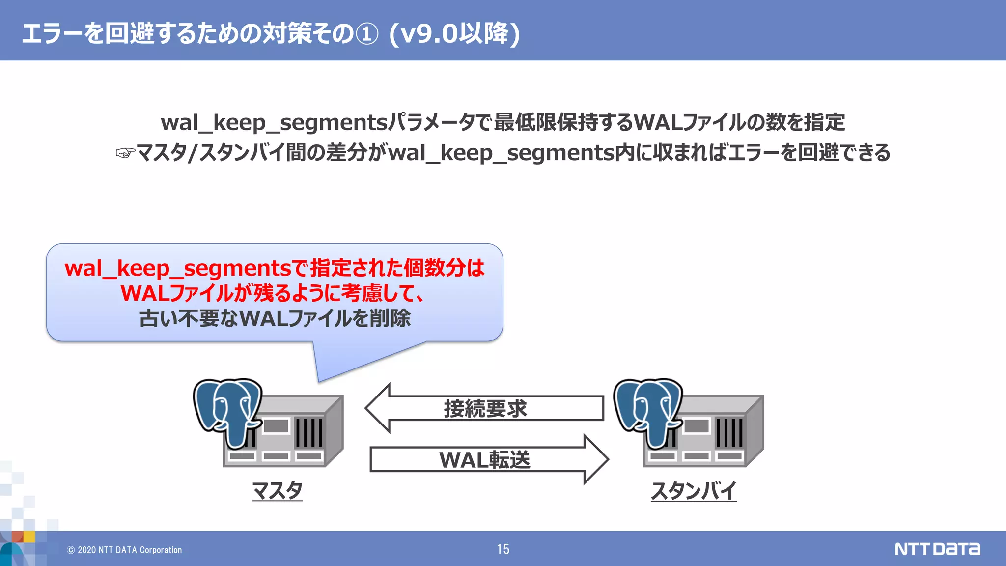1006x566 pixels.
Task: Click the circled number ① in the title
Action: pos(367,34)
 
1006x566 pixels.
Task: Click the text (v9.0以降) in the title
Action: pos(454,34)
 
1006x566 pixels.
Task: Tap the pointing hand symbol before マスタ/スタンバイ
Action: pos(125,153)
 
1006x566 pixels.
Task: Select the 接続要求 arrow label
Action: pos(485,409)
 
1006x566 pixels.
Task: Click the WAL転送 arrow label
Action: pos(485,460)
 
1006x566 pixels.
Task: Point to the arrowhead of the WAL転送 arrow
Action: pos(596,459)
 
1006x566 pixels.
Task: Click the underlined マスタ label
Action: pos(277,490)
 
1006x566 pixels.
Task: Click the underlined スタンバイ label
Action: pos(694,490)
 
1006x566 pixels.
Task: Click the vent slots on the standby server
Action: pos(729,432)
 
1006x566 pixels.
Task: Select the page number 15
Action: pos(503,549)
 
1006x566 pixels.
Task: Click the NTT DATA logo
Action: pos(937,549)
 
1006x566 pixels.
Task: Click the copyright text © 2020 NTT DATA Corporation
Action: pos(124,550)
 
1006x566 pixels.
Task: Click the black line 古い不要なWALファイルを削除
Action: pos(275,318)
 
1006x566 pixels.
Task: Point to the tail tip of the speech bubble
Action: pos(319,380)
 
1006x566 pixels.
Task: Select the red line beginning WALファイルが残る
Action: pos(273,293)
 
